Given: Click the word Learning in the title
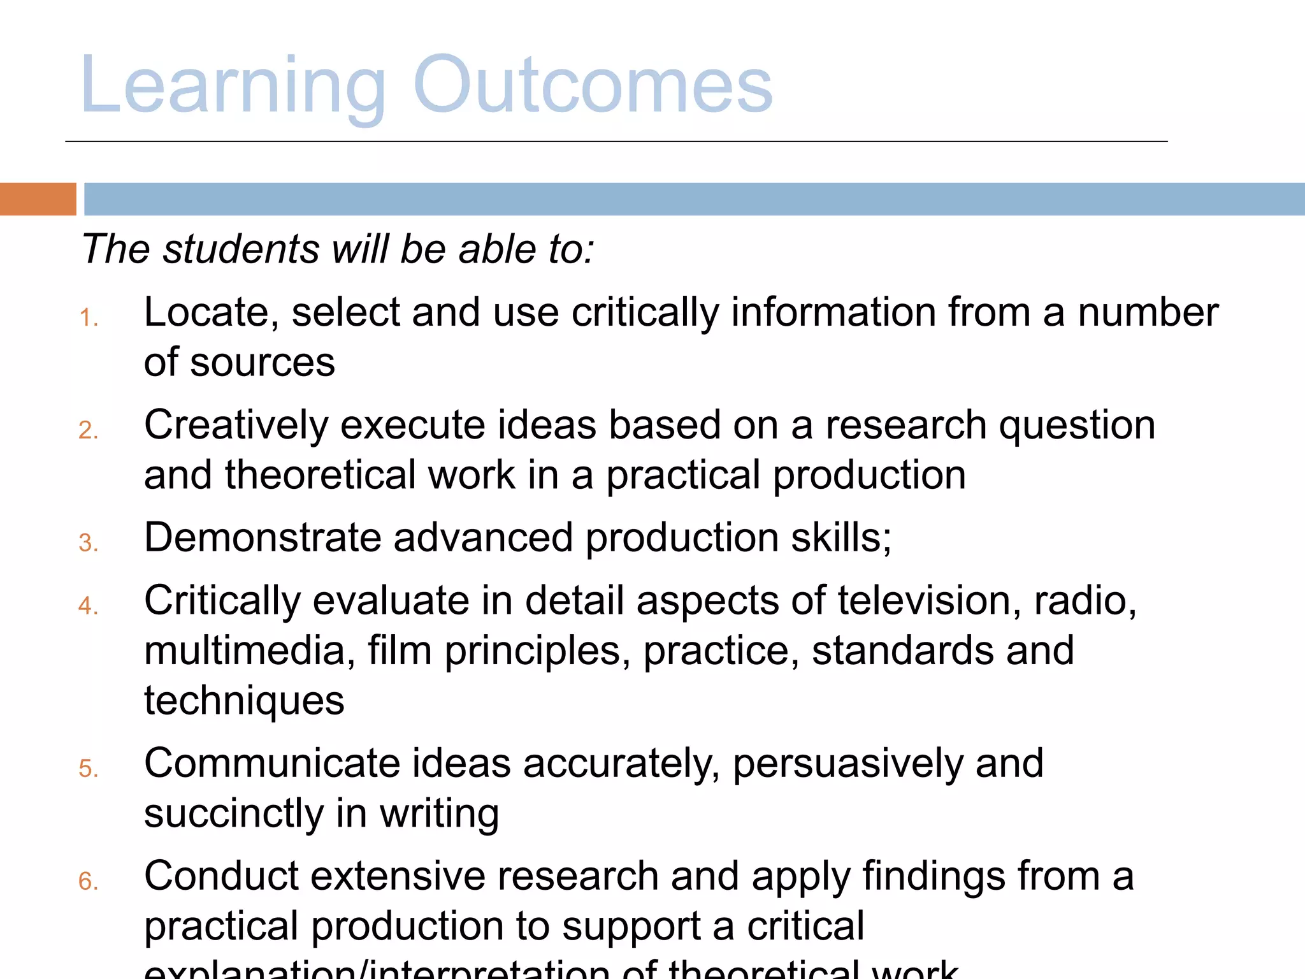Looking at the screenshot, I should point(233,86).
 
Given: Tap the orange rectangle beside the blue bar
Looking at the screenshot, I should point(38,199).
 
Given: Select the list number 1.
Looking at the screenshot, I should point(89,317).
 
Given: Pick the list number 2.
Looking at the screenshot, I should point(89,430).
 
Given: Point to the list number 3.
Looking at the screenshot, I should point(89,543).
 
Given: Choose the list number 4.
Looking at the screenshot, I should point(89,606).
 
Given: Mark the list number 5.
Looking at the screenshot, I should point(89,769).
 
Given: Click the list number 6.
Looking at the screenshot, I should point(89,881).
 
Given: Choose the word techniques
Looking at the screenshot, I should point(245,701).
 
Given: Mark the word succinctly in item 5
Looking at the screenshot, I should point(234,814).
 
